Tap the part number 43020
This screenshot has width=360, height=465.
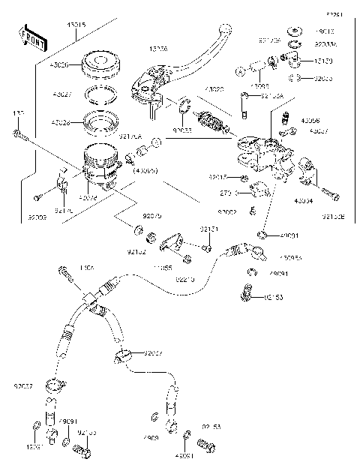point(214,89)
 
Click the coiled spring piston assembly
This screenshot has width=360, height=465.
point(209,120)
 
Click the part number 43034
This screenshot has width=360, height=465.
point(304,201)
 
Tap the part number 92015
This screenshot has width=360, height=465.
point(218,177)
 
